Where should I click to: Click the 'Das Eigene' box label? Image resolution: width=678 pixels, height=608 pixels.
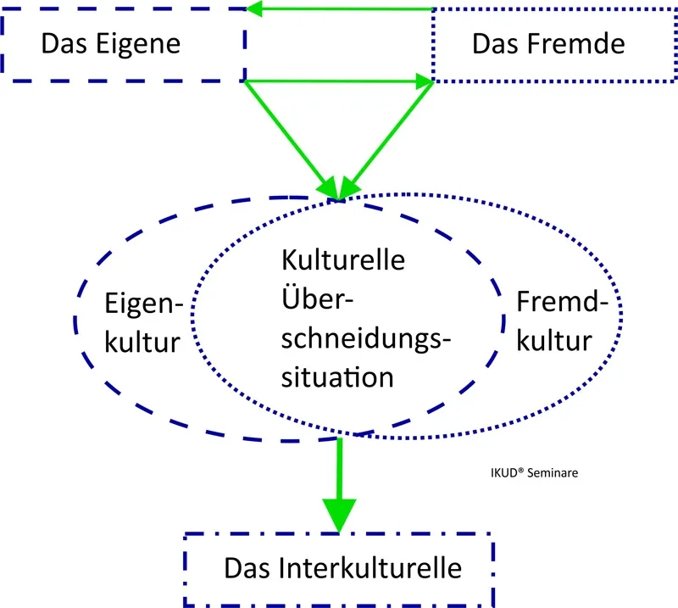pos(111,43)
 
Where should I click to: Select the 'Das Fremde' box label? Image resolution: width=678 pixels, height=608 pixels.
pos(547,43)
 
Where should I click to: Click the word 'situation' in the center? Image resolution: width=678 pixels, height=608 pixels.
pos(337,376)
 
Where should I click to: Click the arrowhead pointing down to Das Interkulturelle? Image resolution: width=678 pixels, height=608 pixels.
pos(339,513)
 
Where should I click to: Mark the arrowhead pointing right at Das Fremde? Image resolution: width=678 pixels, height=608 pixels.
pos(423,81)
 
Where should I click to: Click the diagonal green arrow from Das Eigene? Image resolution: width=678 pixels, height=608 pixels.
pos(288,136)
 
